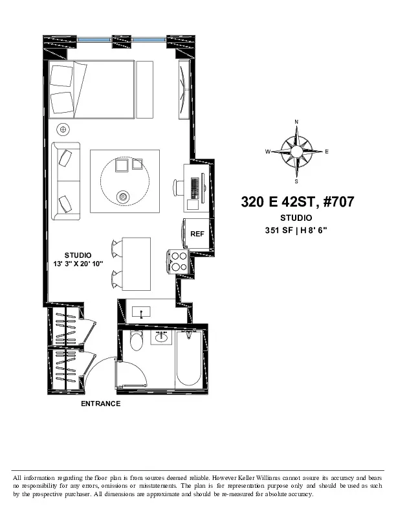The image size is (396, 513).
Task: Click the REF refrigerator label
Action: (197, 234)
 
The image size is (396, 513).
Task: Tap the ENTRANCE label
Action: (100, 404)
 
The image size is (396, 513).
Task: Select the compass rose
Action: (296, 152)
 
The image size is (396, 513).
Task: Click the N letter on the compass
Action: (296, 122)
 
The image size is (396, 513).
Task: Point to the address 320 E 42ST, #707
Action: (298, 202)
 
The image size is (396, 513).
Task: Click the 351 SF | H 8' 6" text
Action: (296, 231)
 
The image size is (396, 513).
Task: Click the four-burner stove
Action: (177, 262)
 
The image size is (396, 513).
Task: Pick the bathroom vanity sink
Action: (161, 337)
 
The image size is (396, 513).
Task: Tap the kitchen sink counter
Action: (145, 312)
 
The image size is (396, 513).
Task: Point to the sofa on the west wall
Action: (66, 179)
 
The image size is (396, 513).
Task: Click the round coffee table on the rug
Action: (124, 182)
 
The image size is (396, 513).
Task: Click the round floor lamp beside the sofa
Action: (63, 128)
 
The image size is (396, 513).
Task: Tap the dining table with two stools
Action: (136, 264)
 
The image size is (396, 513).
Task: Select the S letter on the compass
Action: (296, 182)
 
